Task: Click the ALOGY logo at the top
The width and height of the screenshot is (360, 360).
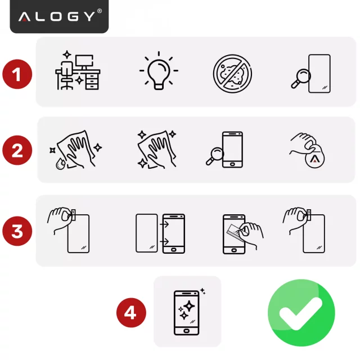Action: coord(59,16)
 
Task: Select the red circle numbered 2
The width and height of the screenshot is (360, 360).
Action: coord(17,151)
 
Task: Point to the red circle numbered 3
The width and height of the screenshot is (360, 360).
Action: coord(17,232)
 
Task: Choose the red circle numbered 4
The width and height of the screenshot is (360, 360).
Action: coord(130,312)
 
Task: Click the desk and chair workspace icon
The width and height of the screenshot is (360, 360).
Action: coord(78,71)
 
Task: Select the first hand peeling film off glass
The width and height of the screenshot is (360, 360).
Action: coord(71,231)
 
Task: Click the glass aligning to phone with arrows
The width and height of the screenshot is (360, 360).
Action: coord(160,232)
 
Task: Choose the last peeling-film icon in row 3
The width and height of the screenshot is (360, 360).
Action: coord(307,231)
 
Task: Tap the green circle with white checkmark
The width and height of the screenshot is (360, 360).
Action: coord(301,312)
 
